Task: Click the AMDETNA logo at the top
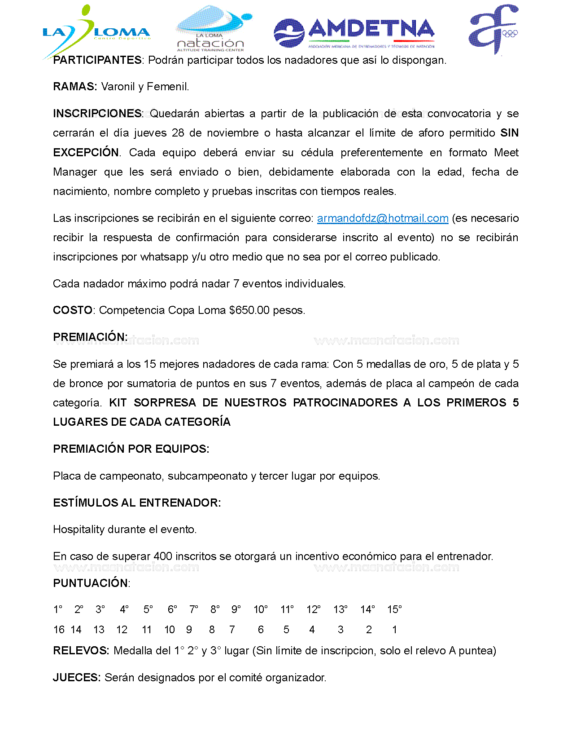point(354,33)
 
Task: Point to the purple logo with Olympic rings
point(493,29)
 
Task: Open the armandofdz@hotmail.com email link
point(383,218)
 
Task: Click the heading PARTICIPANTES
point(97,60)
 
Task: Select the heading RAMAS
point(74,87)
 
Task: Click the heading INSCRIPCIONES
point(97,114)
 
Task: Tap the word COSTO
point(73,310)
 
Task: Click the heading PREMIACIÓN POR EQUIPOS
point(131,449)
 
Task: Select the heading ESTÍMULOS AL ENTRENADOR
point(137,503)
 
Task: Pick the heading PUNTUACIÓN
point(91,583)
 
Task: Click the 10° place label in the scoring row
point(261,609)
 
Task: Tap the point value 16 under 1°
point(59,630)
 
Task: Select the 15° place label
point(394,609)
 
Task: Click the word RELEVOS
point(81,651)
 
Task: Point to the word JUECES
point(76,678)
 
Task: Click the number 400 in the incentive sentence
point(163,556)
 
